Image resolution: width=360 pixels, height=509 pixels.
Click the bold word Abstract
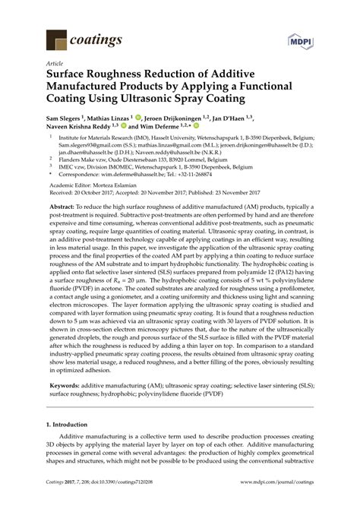click(65, 206)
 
